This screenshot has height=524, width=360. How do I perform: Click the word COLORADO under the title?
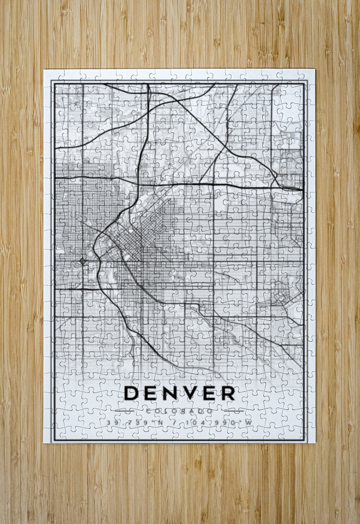click(x=179, y=411)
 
